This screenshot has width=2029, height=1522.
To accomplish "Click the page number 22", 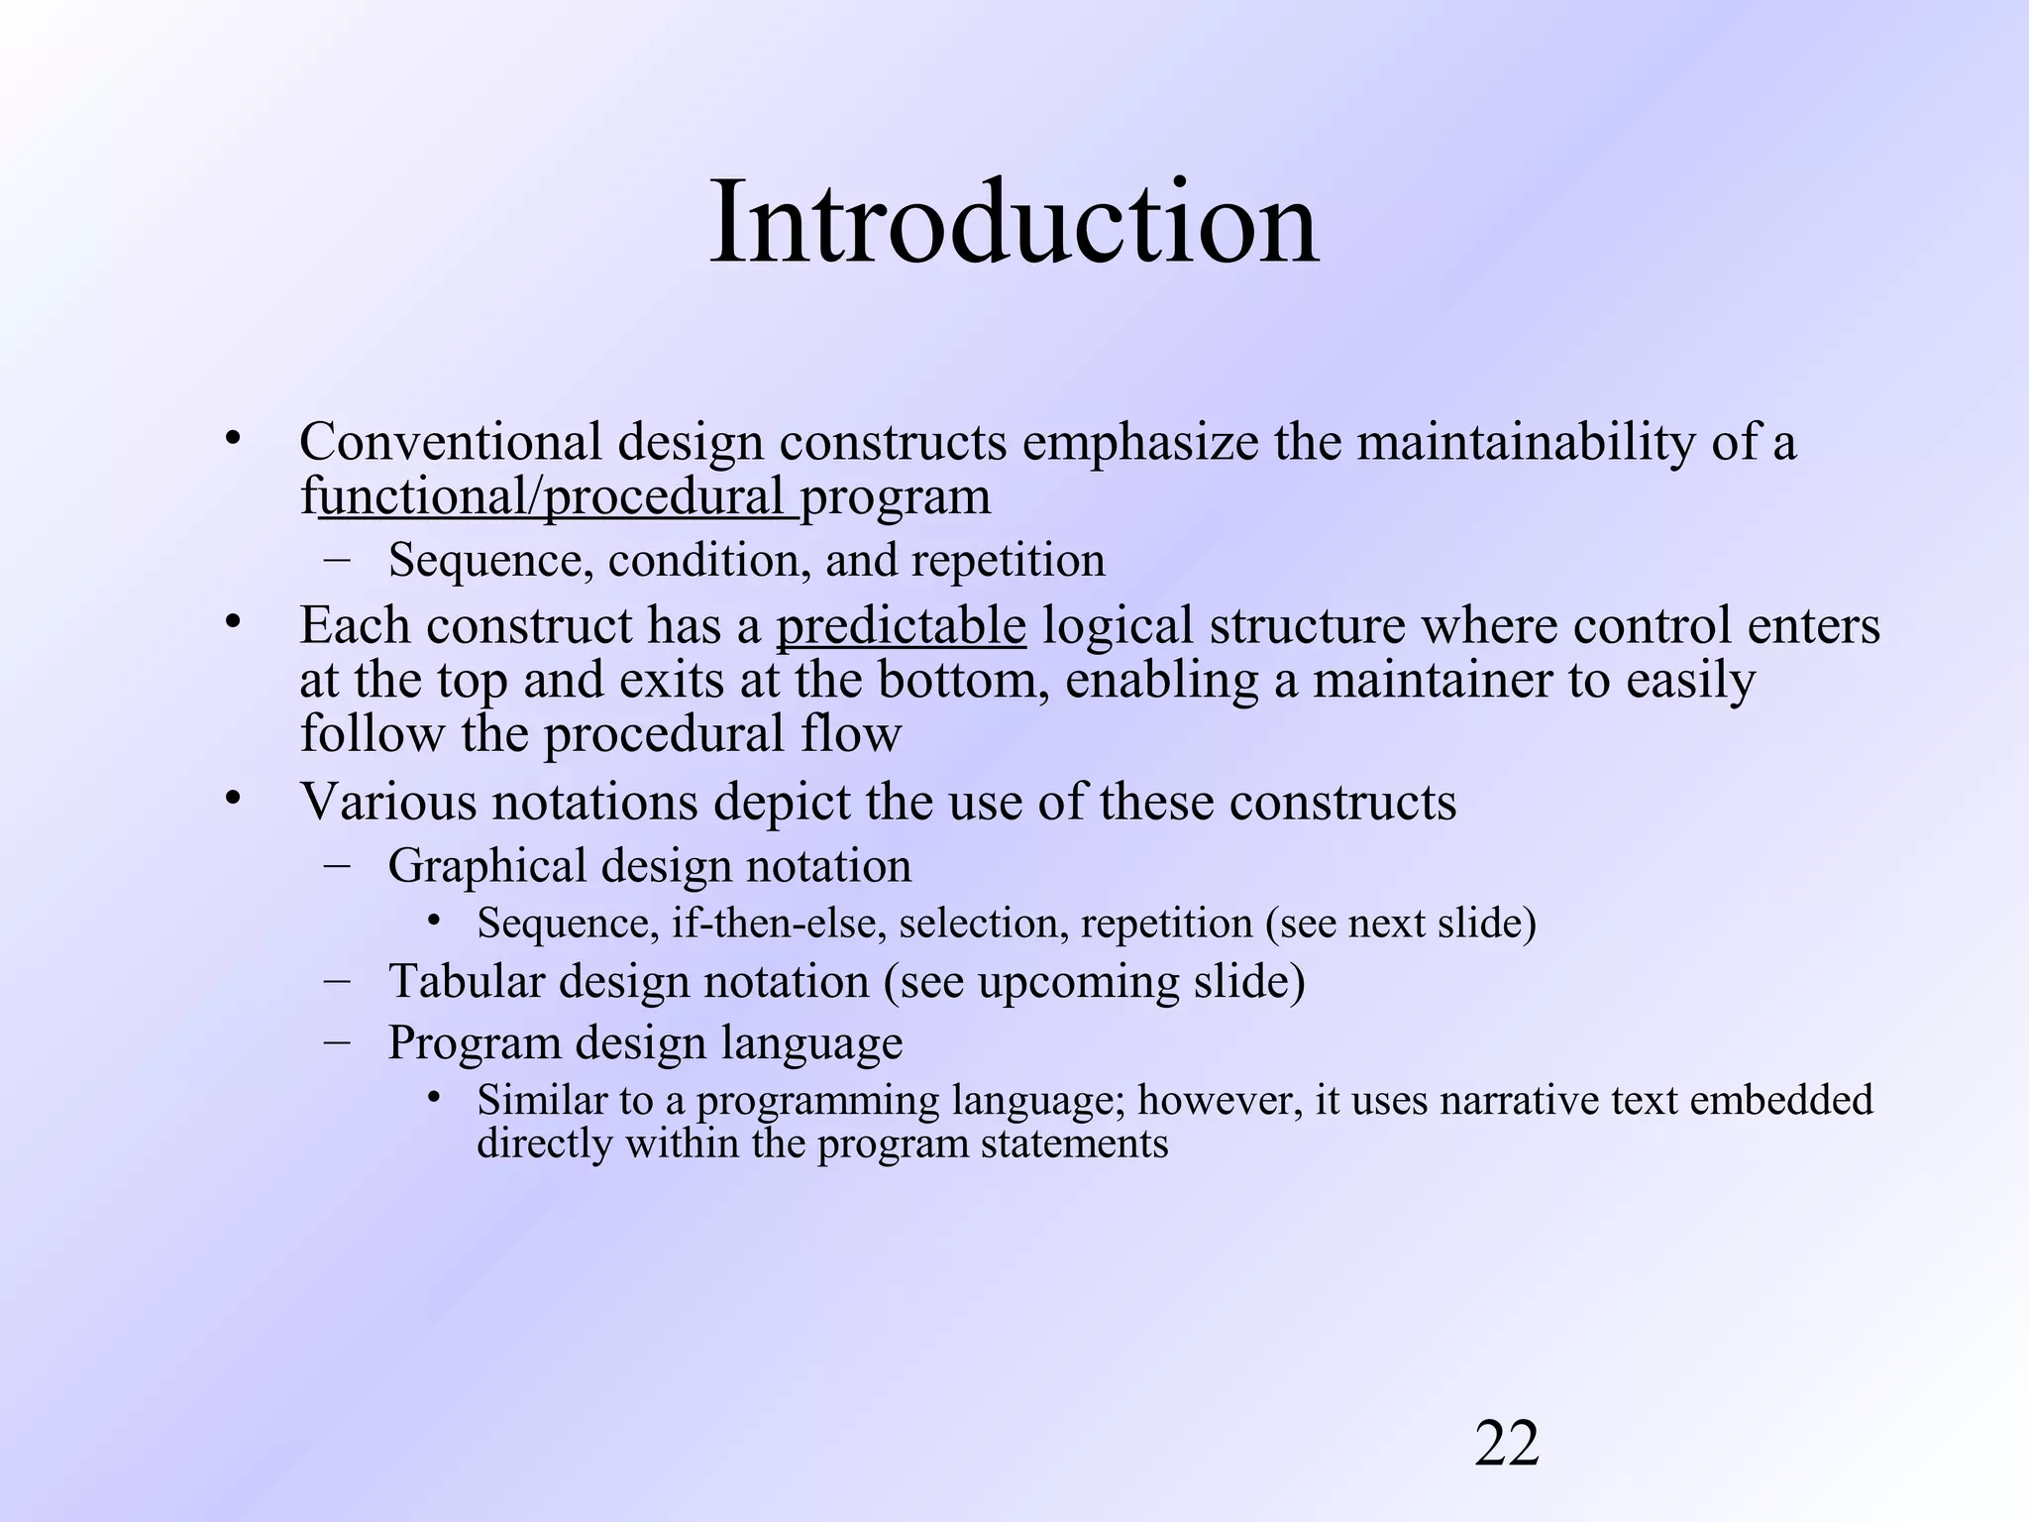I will point(1507,1443).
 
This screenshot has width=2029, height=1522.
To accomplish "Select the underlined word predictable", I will point(901,626).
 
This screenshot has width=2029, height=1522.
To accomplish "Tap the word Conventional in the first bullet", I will point(451,442).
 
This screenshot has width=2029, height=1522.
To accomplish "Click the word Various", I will point(388,802).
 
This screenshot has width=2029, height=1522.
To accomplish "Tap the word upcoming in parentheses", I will point(1078,981).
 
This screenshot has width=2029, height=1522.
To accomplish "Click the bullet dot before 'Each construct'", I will point(233,624).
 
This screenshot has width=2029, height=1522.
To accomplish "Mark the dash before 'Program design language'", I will point(337,1041).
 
